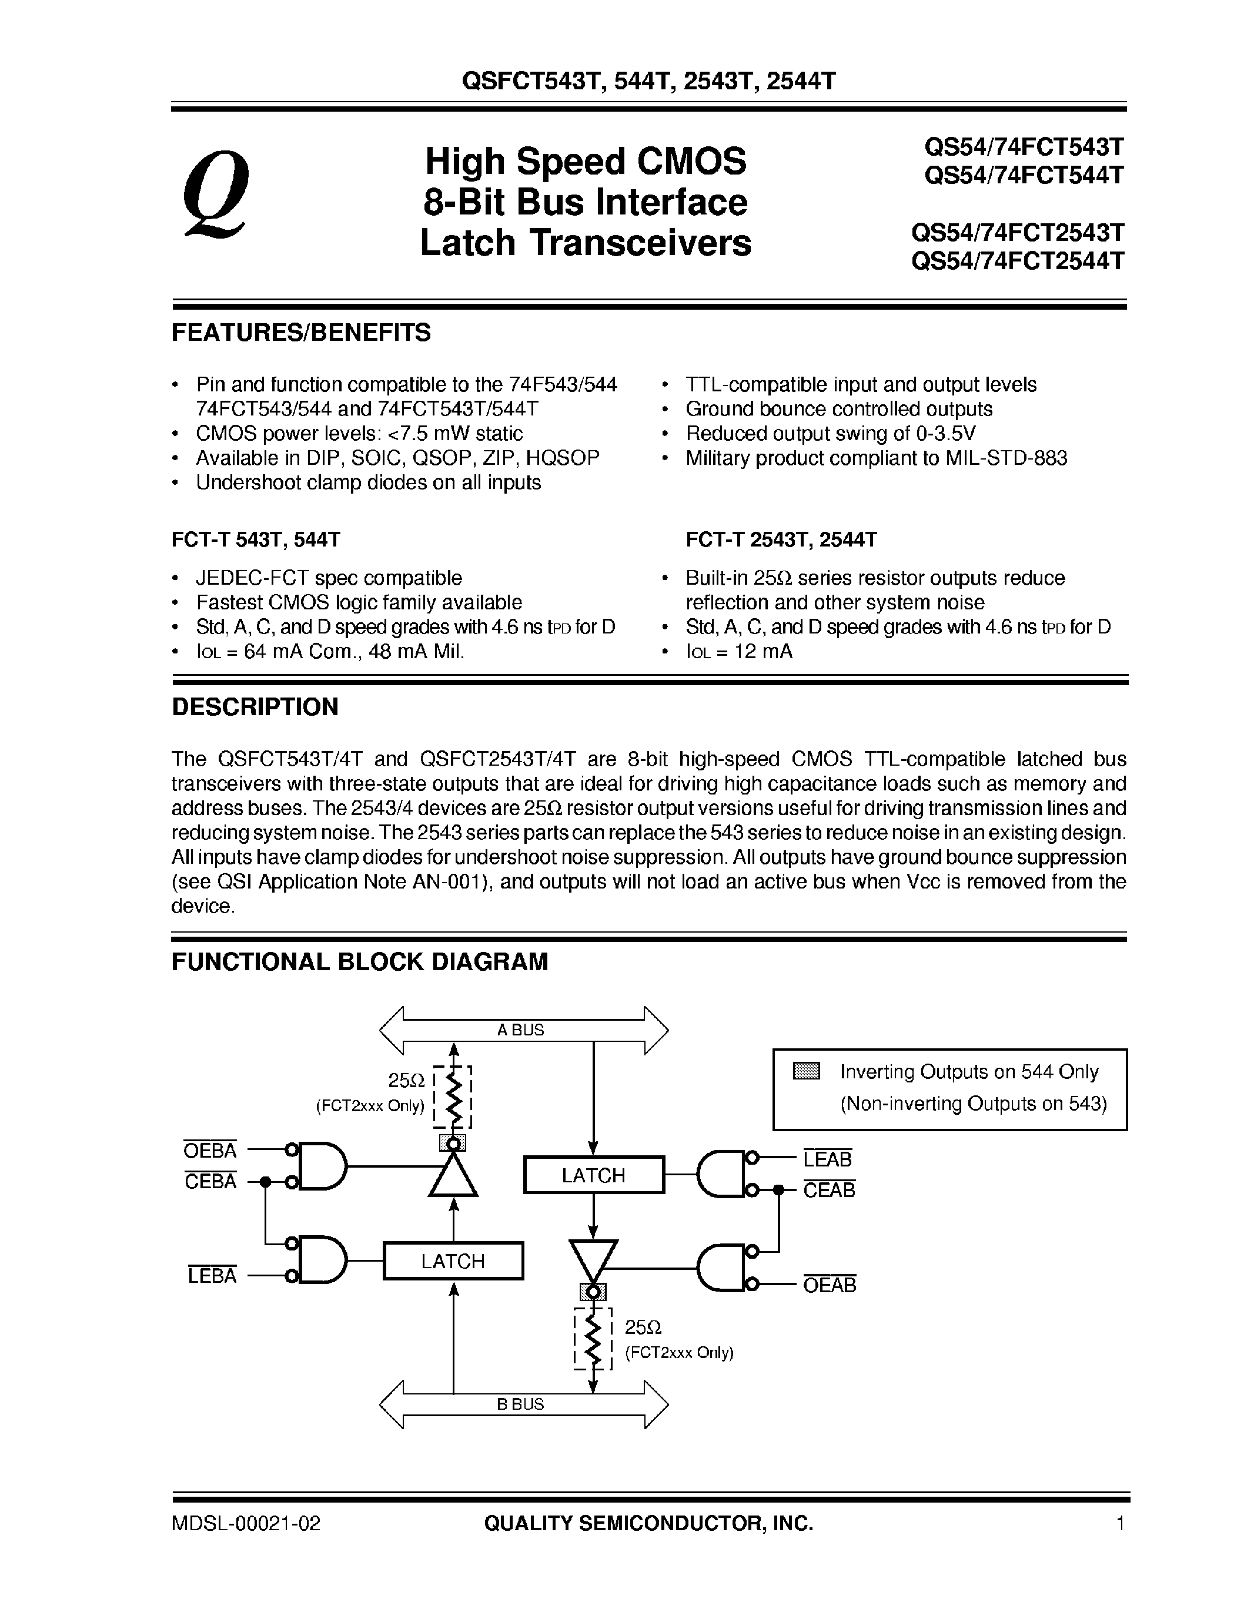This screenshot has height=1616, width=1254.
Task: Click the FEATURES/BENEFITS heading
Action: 300,333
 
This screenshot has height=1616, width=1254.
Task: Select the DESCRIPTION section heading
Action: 255,706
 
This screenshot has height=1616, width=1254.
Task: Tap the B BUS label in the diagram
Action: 520,1404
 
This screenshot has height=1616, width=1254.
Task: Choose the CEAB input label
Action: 829,1191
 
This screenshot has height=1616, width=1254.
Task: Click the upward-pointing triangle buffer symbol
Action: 454,1177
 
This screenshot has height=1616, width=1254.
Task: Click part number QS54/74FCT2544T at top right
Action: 1018,261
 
